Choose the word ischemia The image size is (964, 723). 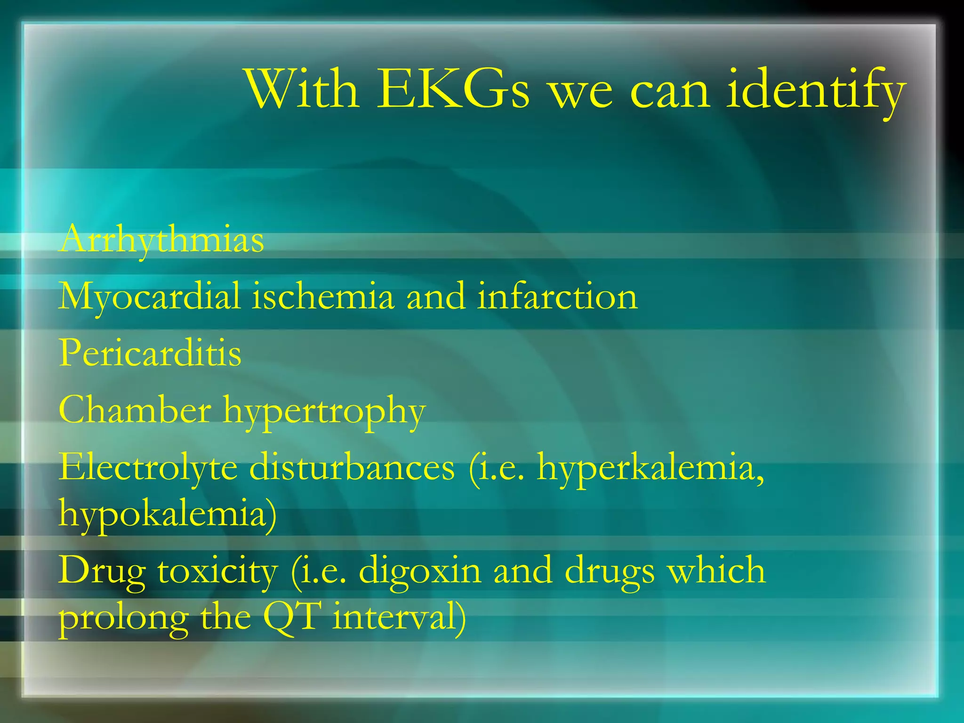point(322,297)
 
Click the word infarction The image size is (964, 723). point(557,297)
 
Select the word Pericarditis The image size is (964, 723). point(150,353)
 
